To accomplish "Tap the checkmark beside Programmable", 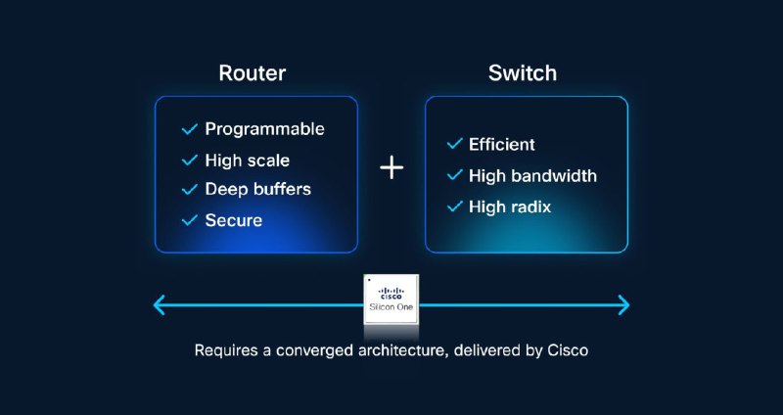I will point(190,129).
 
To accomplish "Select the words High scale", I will point(247,160).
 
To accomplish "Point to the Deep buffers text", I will point(257,189).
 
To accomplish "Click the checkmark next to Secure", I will point(190,220).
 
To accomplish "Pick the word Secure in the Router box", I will point(233,220).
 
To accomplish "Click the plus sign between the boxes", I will point(391,167).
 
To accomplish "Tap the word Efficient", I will point(501,144).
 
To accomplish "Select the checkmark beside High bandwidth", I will point(454,175).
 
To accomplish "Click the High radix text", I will point(510,207).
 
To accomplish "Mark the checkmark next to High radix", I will point(454,207).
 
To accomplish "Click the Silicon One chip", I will point(391,300).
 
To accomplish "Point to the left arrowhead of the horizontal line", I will point(160,305).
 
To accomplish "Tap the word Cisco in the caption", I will point(567,348).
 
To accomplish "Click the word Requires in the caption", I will point(227,348).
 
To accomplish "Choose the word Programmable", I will point(264,129).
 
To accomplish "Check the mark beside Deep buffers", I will point(190,189).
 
